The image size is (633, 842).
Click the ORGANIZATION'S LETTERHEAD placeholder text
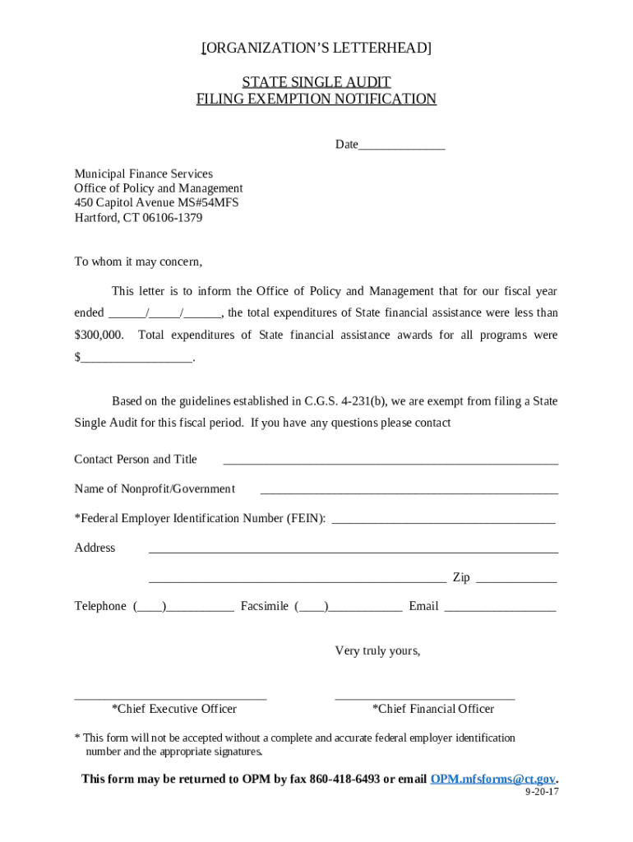click(x=316, y=49)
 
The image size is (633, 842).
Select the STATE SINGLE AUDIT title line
click(x=316, y=81)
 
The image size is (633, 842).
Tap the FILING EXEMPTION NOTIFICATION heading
click(x=316, y=99)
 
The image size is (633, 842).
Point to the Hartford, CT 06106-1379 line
click(x=138, y=218)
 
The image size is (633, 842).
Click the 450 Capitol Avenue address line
click(x=156, y=203)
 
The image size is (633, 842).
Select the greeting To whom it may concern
click(x=138, y=261)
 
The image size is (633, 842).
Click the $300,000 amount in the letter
click(x=99, y=335)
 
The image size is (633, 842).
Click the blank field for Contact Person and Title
click(x=390, y=461)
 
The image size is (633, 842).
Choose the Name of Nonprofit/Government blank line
click(x=409, y=491)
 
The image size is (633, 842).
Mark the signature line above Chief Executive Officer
click(x=170, y=697)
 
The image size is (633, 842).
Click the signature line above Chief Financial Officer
click(x=424, y=697)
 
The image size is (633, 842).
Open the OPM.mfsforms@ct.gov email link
click(x=493, y=779)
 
